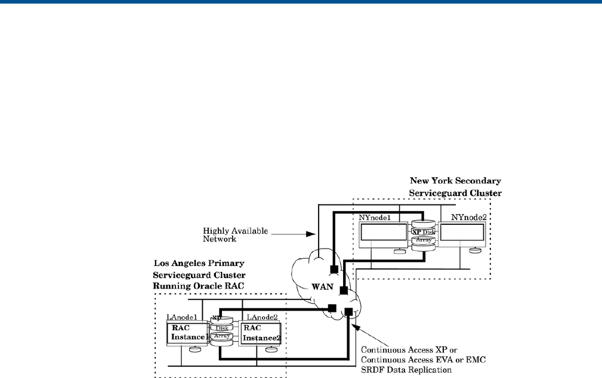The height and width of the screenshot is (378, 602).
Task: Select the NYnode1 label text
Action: [x=374, y=218]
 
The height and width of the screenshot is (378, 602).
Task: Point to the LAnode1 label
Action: [x=182, y=316]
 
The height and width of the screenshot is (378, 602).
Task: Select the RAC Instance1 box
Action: [x=187, y=333]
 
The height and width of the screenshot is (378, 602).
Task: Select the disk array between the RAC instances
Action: [x=222, y=333]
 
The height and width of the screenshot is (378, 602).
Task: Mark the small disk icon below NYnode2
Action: [x=475, y=250]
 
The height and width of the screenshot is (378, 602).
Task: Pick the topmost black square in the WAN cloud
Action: [x=334, y=269]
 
